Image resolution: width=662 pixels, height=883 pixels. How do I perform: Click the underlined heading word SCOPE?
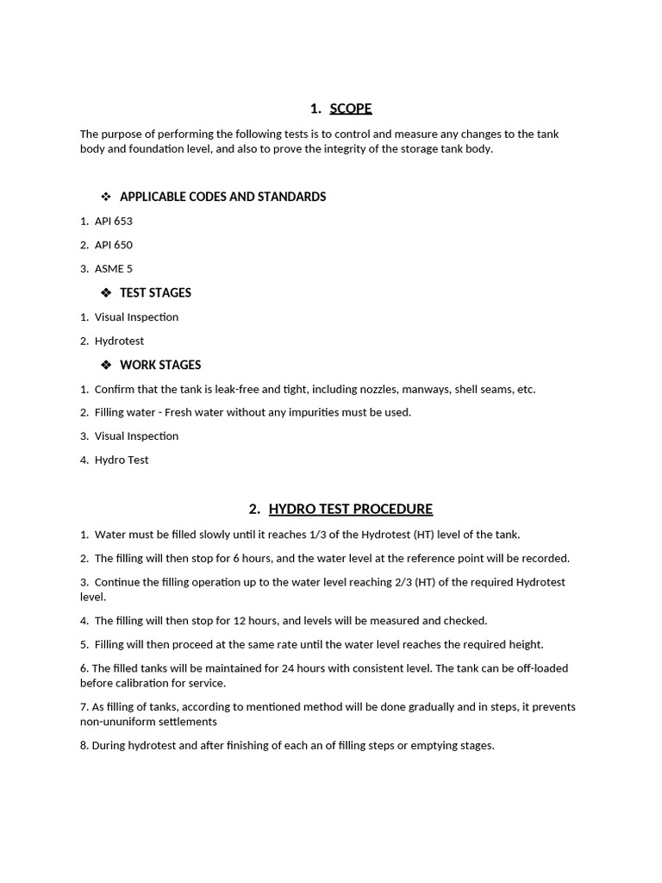point(350,109)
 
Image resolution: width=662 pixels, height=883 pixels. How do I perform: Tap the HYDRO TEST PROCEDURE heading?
point(350,509)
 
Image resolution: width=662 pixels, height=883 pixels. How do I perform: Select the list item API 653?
point(113,221)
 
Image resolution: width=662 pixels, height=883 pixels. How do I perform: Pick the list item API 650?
point(113,245)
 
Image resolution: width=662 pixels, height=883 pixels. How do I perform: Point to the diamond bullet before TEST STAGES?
point(107,292)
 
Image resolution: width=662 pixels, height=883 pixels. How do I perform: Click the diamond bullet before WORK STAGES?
point(107,365)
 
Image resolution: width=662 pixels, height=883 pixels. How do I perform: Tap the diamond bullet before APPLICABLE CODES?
point(107,197)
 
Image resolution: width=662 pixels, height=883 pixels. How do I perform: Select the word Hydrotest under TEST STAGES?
point(119,341)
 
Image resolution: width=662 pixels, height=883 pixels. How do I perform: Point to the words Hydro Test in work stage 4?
point(122,460)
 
